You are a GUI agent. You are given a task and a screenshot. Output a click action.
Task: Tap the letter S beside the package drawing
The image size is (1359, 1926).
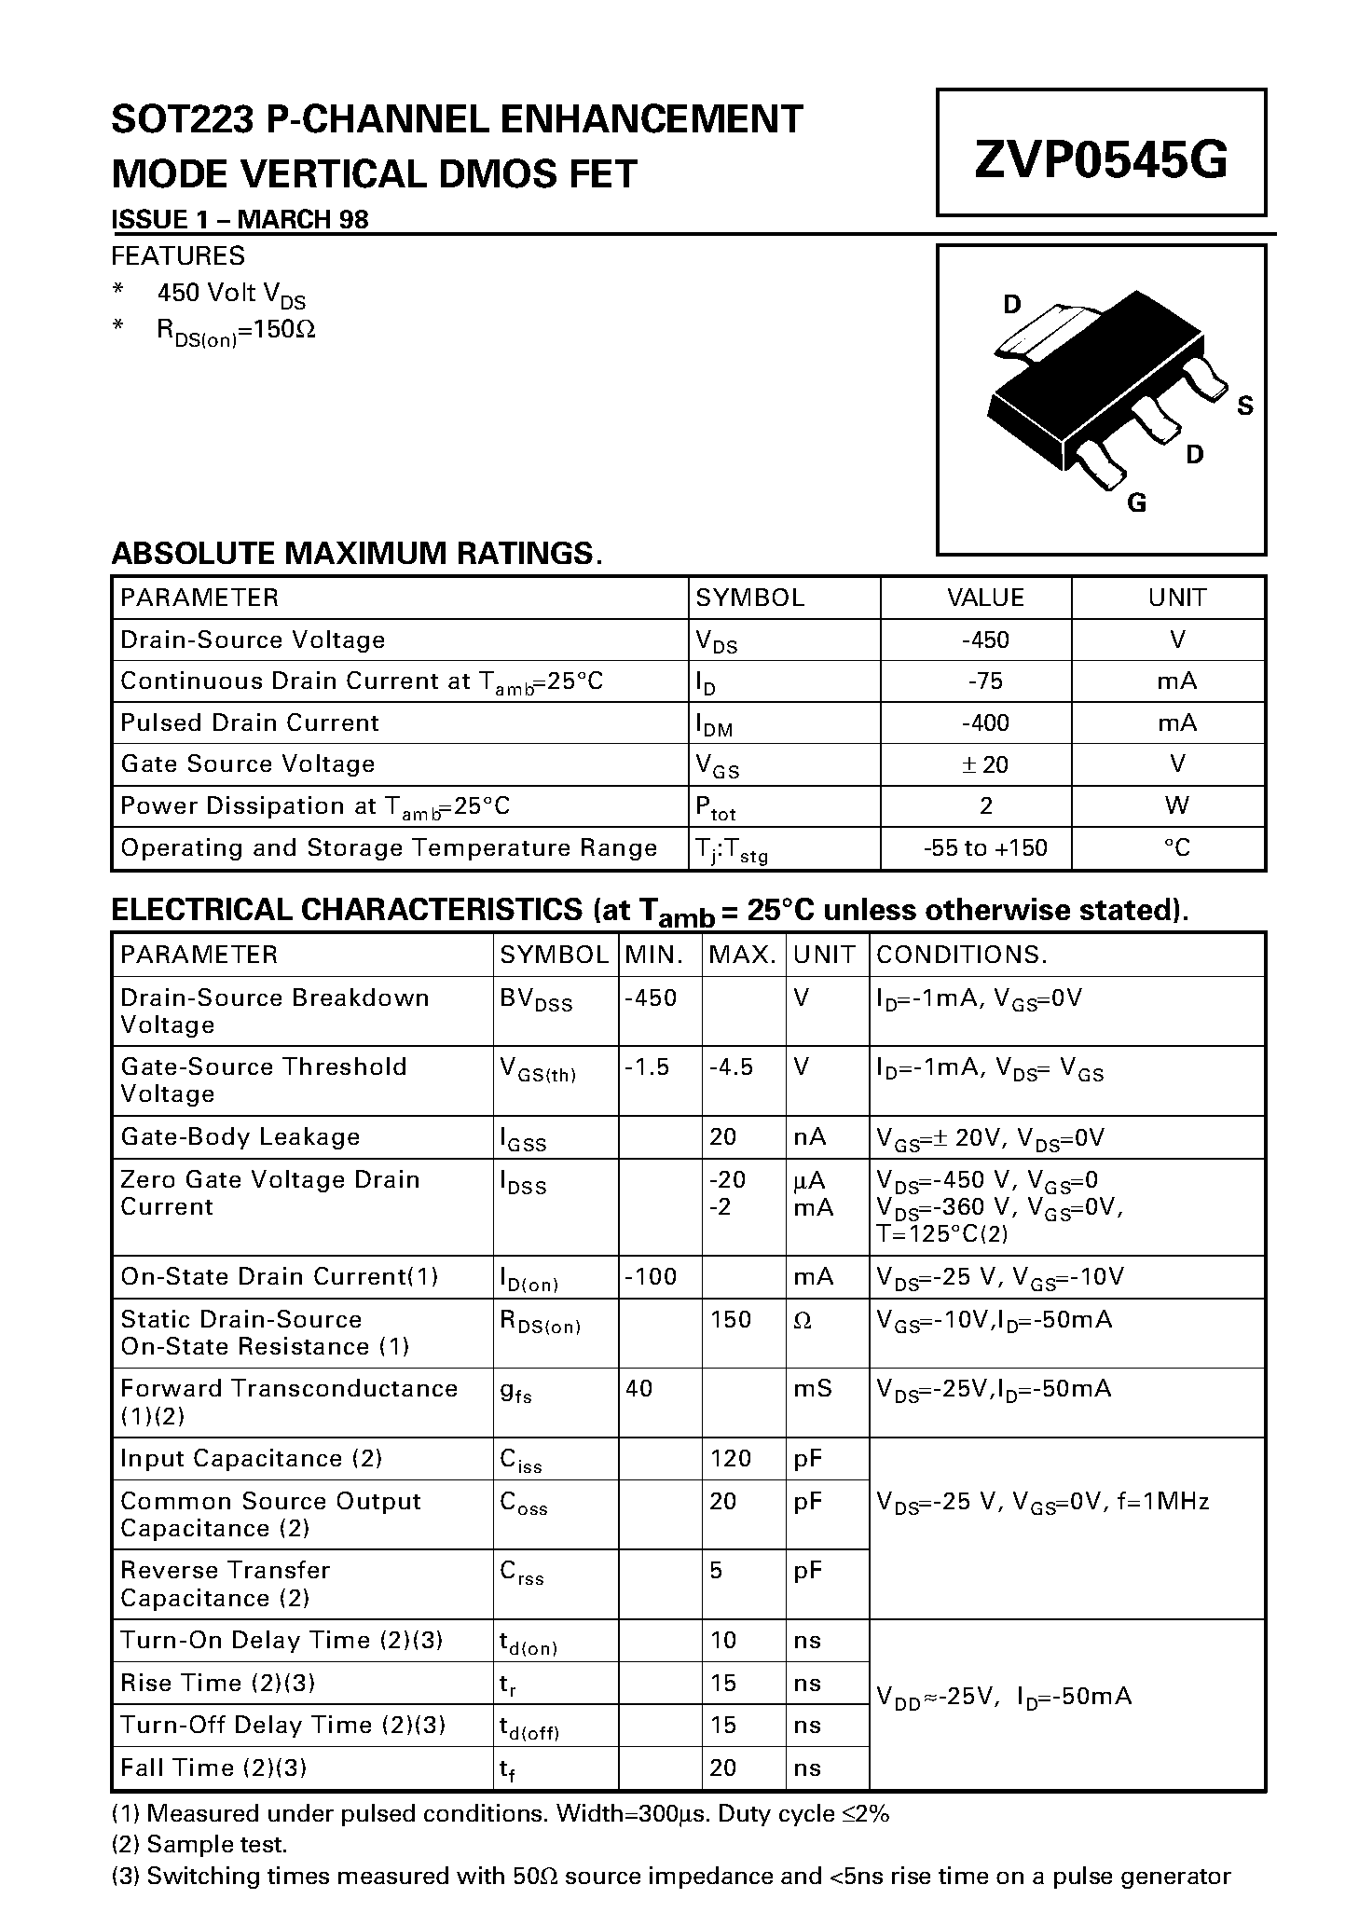(x=1244, y=406)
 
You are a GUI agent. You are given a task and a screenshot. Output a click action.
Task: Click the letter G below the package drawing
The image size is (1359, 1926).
(x=1136, y=502)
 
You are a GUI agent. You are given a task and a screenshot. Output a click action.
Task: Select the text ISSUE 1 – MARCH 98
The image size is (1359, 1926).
(x=240, y=219)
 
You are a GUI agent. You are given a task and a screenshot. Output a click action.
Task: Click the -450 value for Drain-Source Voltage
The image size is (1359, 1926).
(x=985, y=640)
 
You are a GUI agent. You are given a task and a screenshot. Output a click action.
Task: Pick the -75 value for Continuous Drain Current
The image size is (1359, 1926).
(x=985, y=681)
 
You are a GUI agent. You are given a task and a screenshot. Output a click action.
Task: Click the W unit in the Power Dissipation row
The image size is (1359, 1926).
(x=1176, y=805)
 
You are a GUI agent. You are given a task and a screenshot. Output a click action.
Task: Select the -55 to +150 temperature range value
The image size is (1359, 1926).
(x=985, y=847)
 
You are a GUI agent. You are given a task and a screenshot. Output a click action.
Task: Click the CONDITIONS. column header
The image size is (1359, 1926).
(x=962, y=955)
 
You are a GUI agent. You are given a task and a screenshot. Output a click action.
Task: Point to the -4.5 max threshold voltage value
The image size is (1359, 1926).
(x=731, y=1066)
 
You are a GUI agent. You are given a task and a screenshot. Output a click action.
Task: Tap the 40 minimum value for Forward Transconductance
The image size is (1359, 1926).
(x=639, y=1388)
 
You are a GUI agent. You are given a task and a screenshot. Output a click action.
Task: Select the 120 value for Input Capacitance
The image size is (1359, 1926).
(x=730, y=1458)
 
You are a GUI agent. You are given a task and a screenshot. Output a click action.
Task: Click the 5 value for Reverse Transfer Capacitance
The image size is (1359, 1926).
(x=716, y=1570)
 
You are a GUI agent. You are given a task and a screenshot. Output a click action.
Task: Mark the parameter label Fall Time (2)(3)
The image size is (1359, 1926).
(x=213, y=1768)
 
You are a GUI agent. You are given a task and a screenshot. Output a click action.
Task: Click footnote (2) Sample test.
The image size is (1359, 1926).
(x=199, y=1843)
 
